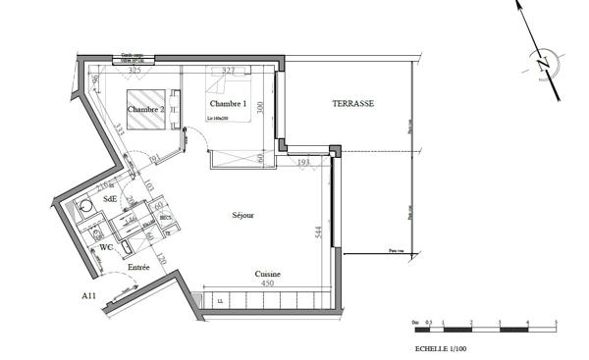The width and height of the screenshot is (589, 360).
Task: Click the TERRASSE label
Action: click(x=353, y=103)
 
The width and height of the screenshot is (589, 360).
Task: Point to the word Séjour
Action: click(x=243, y=215)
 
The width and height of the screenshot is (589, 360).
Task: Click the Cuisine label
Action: click(x=268, y=274)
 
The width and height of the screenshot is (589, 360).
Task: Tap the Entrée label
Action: click(x=138, y=267)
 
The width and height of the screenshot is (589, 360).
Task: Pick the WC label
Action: click(x=104, y=247)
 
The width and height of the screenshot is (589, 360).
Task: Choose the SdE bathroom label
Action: click(x=109, y=197)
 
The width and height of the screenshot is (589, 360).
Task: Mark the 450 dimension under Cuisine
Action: click(x=266, y=283)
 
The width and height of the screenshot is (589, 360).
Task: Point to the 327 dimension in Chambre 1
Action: click(x=229, y=71)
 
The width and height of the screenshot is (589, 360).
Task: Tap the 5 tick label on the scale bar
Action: click(x=557, y=322)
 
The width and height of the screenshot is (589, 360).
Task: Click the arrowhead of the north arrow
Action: click(x=519, y=6)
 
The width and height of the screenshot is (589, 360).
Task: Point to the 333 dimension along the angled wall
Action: click(x=116, y=129)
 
